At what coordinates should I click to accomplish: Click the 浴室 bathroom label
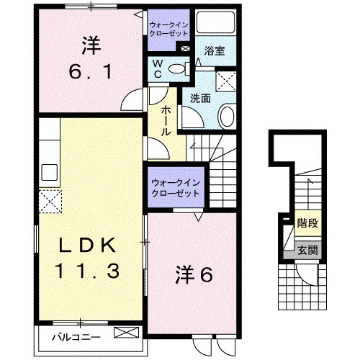[215, 51]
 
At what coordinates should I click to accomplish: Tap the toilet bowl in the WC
[179, 69]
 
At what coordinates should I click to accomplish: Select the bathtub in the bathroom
[215, 22]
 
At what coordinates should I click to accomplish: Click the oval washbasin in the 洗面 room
[227, 117]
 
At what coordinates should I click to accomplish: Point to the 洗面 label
[200, 99]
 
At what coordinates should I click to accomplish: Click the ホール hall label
[166, 121]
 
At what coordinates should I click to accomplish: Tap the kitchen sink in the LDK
[50, 172]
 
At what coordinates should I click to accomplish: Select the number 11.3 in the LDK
[87, 271]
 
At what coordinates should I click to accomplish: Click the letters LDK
[87, 246]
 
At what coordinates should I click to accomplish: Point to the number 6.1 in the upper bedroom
[91, 72]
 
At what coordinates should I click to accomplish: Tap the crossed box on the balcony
[126, 333]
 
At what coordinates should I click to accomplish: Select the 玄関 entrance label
[307, 251]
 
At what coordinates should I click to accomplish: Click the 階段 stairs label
[307, 223]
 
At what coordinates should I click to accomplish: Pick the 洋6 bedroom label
[194, 275]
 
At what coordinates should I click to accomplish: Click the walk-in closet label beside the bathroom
[168, 29]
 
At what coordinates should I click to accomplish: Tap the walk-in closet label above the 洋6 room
[176, 189]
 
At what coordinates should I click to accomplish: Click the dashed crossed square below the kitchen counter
[50, 202]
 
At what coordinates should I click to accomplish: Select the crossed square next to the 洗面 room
[226, 81]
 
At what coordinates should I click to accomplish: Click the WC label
[158, 69]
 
